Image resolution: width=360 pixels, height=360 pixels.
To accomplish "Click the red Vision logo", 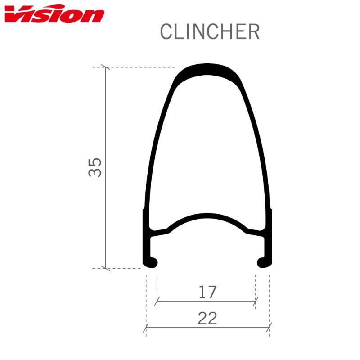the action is click(x=54, y=14).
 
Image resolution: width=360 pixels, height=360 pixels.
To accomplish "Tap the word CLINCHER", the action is click(x=210, y=31).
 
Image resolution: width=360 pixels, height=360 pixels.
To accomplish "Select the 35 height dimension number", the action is click(x=94, y=167).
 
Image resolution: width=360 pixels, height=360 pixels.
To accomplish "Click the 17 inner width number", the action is click(x=207, y=292).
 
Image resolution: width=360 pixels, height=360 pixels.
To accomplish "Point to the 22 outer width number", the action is click(x=207, y=318).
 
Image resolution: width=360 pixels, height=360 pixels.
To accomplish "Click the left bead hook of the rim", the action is click(x=150, y=262).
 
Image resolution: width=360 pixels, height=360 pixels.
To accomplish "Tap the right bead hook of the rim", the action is click(x=264, y=262).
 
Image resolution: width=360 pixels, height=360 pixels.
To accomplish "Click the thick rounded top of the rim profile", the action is click(x=207, y=69).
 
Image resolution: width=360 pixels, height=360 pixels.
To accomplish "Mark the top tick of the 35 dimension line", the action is click(x=105, y=67).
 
